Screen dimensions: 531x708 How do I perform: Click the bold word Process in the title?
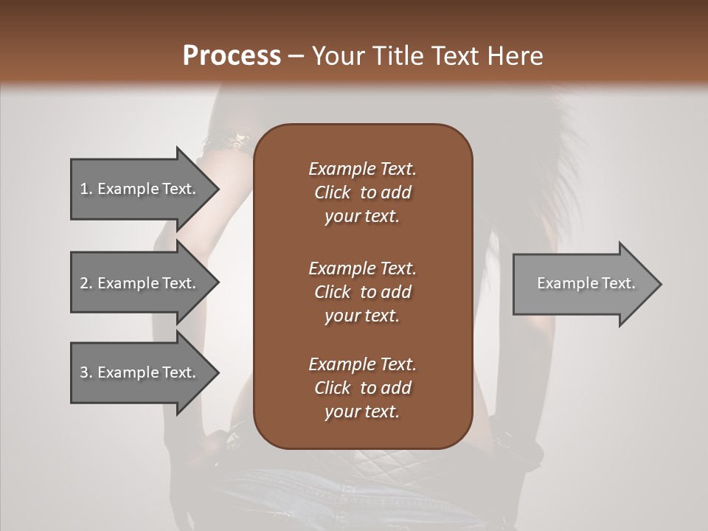pyautogui.click(x=232, y=56)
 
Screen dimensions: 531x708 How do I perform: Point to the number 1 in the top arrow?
pyautogui.click(x=84, y=189)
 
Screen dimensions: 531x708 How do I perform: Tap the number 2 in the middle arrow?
pyautogui.click(x=84, y=283)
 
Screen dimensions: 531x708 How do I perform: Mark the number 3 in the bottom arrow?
pyautogui.click(x=84, y=372)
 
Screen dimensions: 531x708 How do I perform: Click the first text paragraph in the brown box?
pyautogui.click(x=362, y=192)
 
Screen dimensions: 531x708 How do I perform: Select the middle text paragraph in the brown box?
pyautogui.click(x=362, y=292)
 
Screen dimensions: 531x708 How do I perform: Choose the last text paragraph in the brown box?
pyautogui.click(x=362, y=388)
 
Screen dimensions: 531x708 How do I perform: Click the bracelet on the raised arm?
pyautogui.click(x=225, y=141)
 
